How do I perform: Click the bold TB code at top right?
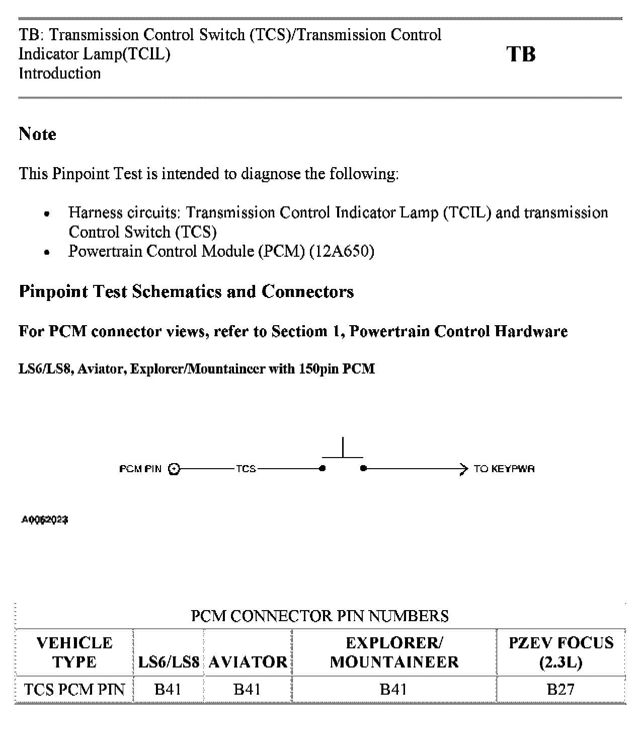coord(521,54)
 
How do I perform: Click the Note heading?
coord(37,134)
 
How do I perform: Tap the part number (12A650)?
coord(342,251)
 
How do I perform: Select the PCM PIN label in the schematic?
coord(140,469)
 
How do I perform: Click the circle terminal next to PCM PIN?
coord(174,469)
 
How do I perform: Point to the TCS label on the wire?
coord(246,469)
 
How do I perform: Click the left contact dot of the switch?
coord(323,469)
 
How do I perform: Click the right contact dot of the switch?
coord(363,469)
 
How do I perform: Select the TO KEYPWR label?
coord(504,469)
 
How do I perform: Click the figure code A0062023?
coord(45,520)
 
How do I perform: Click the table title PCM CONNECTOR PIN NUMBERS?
coord(320,616)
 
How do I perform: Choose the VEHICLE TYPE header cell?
coord(74,652)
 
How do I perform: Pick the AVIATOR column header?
coord(248,661)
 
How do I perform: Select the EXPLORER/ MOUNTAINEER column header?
coord(394,652)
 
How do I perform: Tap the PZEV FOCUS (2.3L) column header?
coord(561,652)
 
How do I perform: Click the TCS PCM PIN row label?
coord(74,689)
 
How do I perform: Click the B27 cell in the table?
coord(560,689)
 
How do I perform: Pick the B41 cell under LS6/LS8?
coord(168,689)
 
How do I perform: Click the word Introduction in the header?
coord(60,73)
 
